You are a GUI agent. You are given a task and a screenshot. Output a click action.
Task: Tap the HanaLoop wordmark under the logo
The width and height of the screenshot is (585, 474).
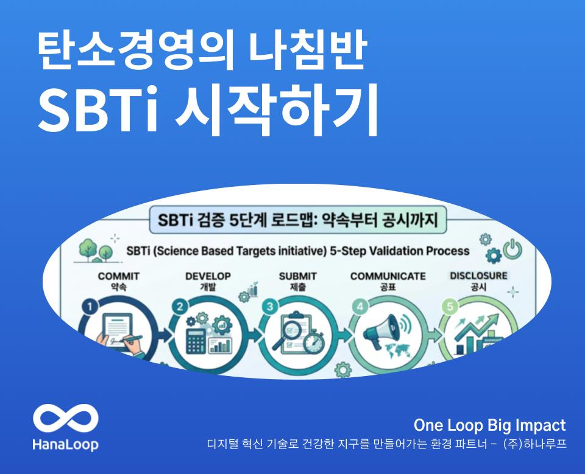[x=66, y=445]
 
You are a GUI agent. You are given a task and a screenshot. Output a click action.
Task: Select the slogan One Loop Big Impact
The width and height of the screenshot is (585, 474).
[x=489, y=425]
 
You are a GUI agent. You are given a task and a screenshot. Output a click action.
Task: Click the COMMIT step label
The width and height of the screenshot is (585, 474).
[x=118, y=276]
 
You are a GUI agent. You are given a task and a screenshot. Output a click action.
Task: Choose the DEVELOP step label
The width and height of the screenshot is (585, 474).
[x=208, y=276]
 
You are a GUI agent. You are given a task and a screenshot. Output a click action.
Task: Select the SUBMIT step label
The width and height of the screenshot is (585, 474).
[x=298, y=276]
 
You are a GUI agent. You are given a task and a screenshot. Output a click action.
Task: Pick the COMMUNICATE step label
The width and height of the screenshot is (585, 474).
[x=388, y=276]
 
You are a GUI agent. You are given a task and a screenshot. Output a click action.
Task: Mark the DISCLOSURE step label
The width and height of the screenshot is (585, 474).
[x=479, y=276]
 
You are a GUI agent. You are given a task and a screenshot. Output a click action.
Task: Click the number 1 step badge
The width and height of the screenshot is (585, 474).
[x=90, y=307]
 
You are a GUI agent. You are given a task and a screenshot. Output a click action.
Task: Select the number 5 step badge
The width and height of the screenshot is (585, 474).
[x=450, y=307]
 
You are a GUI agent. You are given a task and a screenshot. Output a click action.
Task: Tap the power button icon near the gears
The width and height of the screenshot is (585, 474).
[x=512, y=249]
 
